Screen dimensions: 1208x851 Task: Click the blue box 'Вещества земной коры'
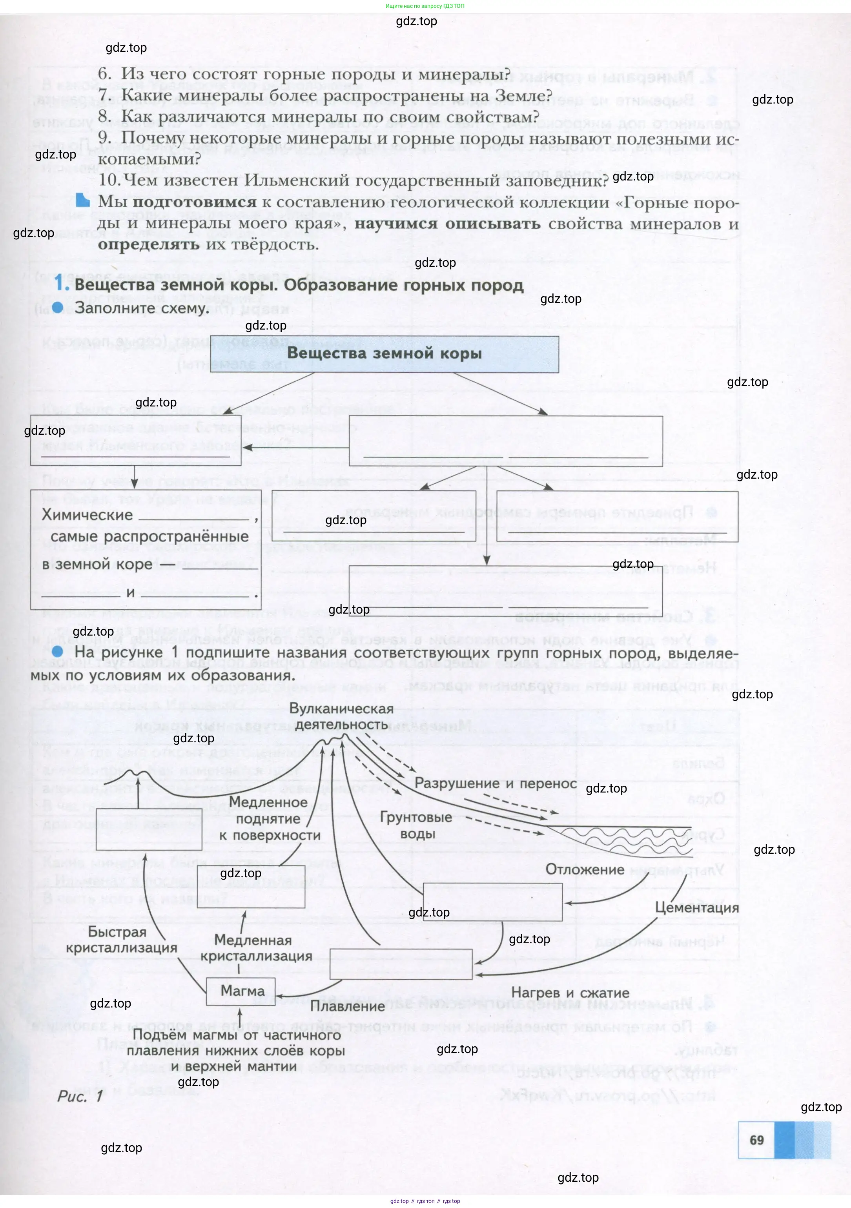pyautogui.click(x=384, y=353)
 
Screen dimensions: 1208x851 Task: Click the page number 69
pyautogui.click(x=756, y=1140)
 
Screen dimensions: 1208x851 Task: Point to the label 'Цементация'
pyautogui.click(x=696, y=907)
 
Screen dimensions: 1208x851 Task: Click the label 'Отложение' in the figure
pyautogui.click(x=584, y=869)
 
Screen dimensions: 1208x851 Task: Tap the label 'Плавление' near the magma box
pyautogui.click(x=347, y=1006)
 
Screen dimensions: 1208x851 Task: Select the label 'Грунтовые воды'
pyautogui.click(x=416, y=825)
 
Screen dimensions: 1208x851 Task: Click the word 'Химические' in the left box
pyautogui.click(x=87, y=515)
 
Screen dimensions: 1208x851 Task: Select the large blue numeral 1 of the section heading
pyautogui.click(x=62, y=284)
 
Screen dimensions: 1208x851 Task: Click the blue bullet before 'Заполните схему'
pyautogui.click(x=58, y=307)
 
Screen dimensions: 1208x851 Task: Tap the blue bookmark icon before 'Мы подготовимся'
pyautogui.click(x=83, y=200)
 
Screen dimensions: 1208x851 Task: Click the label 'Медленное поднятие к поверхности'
pyautogui.click(x=269, y=819)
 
